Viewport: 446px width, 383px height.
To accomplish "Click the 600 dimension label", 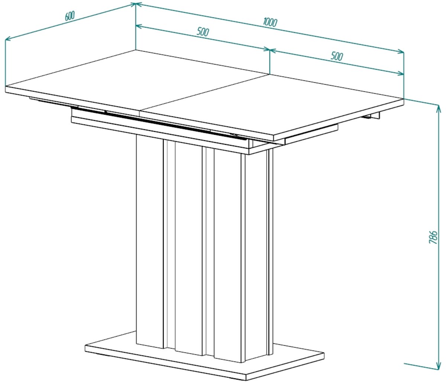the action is pyautogui.click(x=70, y=16).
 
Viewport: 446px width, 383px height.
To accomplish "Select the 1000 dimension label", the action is pyautogui.click(x=270, y=22).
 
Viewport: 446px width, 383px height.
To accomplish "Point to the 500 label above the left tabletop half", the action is pyautogui.click(x=203, y=32).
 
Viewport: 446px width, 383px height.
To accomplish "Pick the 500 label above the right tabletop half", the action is pyautogui.click(x=337, y=56).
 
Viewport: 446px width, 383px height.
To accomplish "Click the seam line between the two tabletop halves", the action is pyautogui.click(x=204, y=93).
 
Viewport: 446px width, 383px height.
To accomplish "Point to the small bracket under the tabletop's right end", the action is pyautogui.click(x=372, y=116).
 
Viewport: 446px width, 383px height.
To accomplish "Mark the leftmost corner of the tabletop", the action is pyautogui.click(x=6, y=86).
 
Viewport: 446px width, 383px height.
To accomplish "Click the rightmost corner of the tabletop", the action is pyautogui.click(x=404, y=99).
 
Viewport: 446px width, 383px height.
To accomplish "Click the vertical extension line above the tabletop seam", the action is pyautogui.click(x=270, y=61).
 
